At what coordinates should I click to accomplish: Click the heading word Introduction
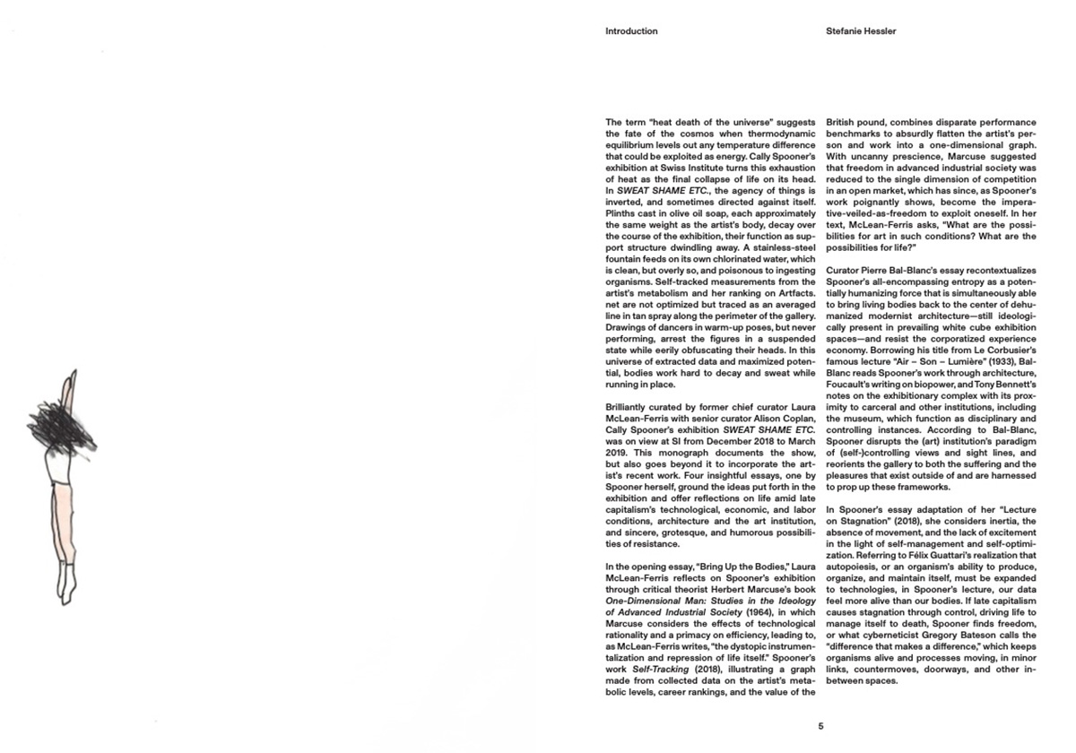click(x=631, y=31)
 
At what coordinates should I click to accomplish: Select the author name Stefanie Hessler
click(x=861, y=31)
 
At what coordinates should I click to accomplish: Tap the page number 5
click(x=820, y=726)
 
